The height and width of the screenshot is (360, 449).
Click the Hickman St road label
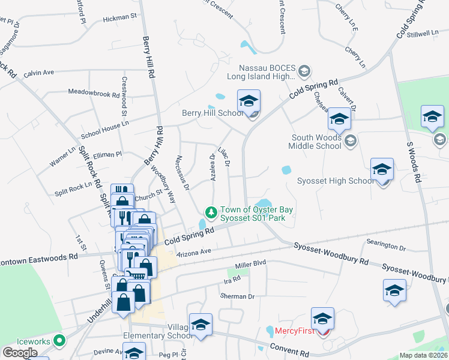[120, 19]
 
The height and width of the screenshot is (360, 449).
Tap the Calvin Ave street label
[39, 73]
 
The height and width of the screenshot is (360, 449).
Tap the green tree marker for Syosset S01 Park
[211, 212]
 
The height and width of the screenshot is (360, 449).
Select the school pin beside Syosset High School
[382, 170]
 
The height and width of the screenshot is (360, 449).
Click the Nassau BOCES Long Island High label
[262, 72]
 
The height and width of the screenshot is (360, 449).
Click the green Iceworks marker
[59, 341]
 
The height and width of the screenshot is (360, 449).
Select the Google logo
[20, 353]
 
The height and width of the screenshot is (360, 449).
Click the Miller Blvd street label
[250, 263]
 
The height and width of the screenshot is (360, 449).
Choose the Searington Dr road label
[386, 246]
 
